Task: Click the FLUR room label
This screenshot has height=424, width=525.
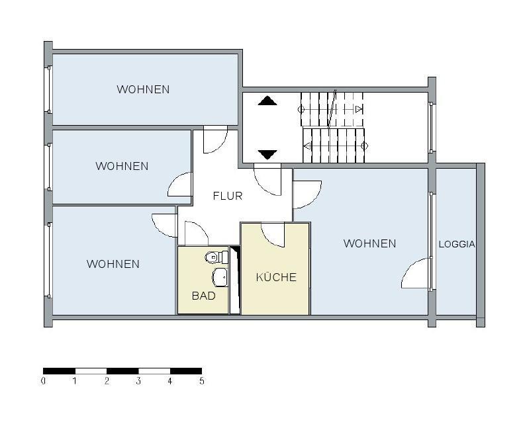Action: point(227,196)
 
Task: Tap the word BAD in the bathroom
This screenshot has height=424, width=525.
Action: point(203,296)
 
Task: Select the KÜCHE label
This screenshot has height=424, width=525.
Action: point(276,277)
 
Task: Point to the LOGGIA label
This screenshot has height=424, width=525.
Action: point(457,244)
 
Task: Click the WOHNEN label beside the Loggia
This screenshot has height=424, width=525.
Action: point(369,243)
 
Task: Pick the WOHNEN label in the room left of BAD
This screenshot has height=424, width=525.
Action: point(113,264)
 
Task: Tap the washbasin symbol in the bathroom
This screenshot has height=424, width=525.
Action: point(220,276)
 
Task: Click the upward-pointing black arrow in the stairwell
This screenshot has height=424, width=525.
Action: point(267,101)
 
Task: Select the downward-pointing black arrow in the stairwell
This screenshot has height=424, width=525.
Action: point(267,155)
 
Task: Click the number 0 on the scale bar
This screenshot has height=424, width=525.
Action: point(44,381)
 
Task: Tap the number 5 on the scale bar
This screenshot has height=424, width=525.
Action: point(201,381)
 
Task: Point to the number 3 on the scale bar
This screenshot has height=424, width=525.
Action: point(138,381)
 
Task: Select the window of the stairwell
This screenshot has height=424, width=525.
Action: point(432,126)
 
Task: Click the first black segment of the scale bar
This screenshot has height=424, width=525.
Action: point(59,371)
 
